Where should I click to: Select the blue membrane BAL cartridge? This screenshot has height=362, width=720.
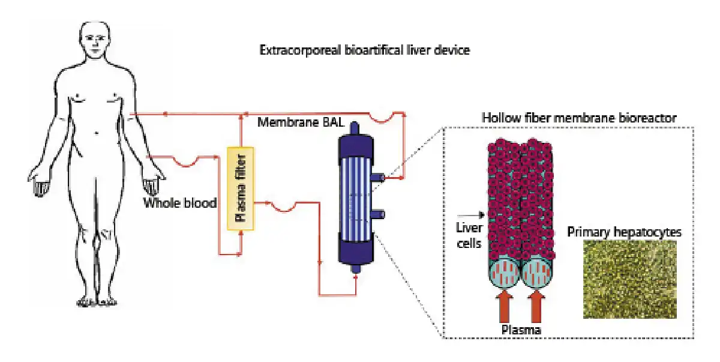pos(353,198)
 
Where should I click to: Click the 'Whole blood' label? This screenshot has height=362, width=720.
pos(179,203)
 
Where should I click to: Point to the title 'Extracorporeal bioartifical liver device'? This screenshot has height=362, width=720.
pos(364,50)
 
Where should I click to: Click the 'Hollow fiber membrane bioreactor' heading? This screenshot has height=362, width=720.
pos(579,118)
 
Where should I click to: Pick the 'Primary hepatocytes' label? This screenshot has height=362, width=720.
pos(625,232)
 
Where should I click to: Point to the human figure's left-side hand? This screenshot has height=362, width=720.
pos(40,183)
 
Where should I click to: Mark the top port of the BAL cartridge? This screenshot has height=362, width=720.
pos(353,128)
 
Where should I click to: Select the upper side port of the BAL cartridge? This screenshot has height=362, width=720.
pos(379,177)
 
